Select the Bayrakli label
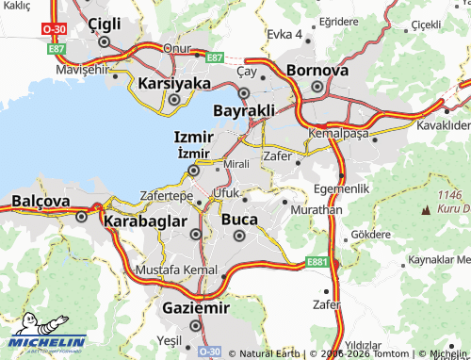pyautogui.click(x=244, y=111)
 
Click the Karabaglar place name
pyautogui.click(x=152, y=221)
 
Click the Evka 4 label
pyautogui.click(x=284, y=34)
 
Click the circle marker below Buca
pyautogui.click(x=239, y=236)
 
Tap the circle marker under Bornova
pyautogui.click(x=317, y=88)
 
